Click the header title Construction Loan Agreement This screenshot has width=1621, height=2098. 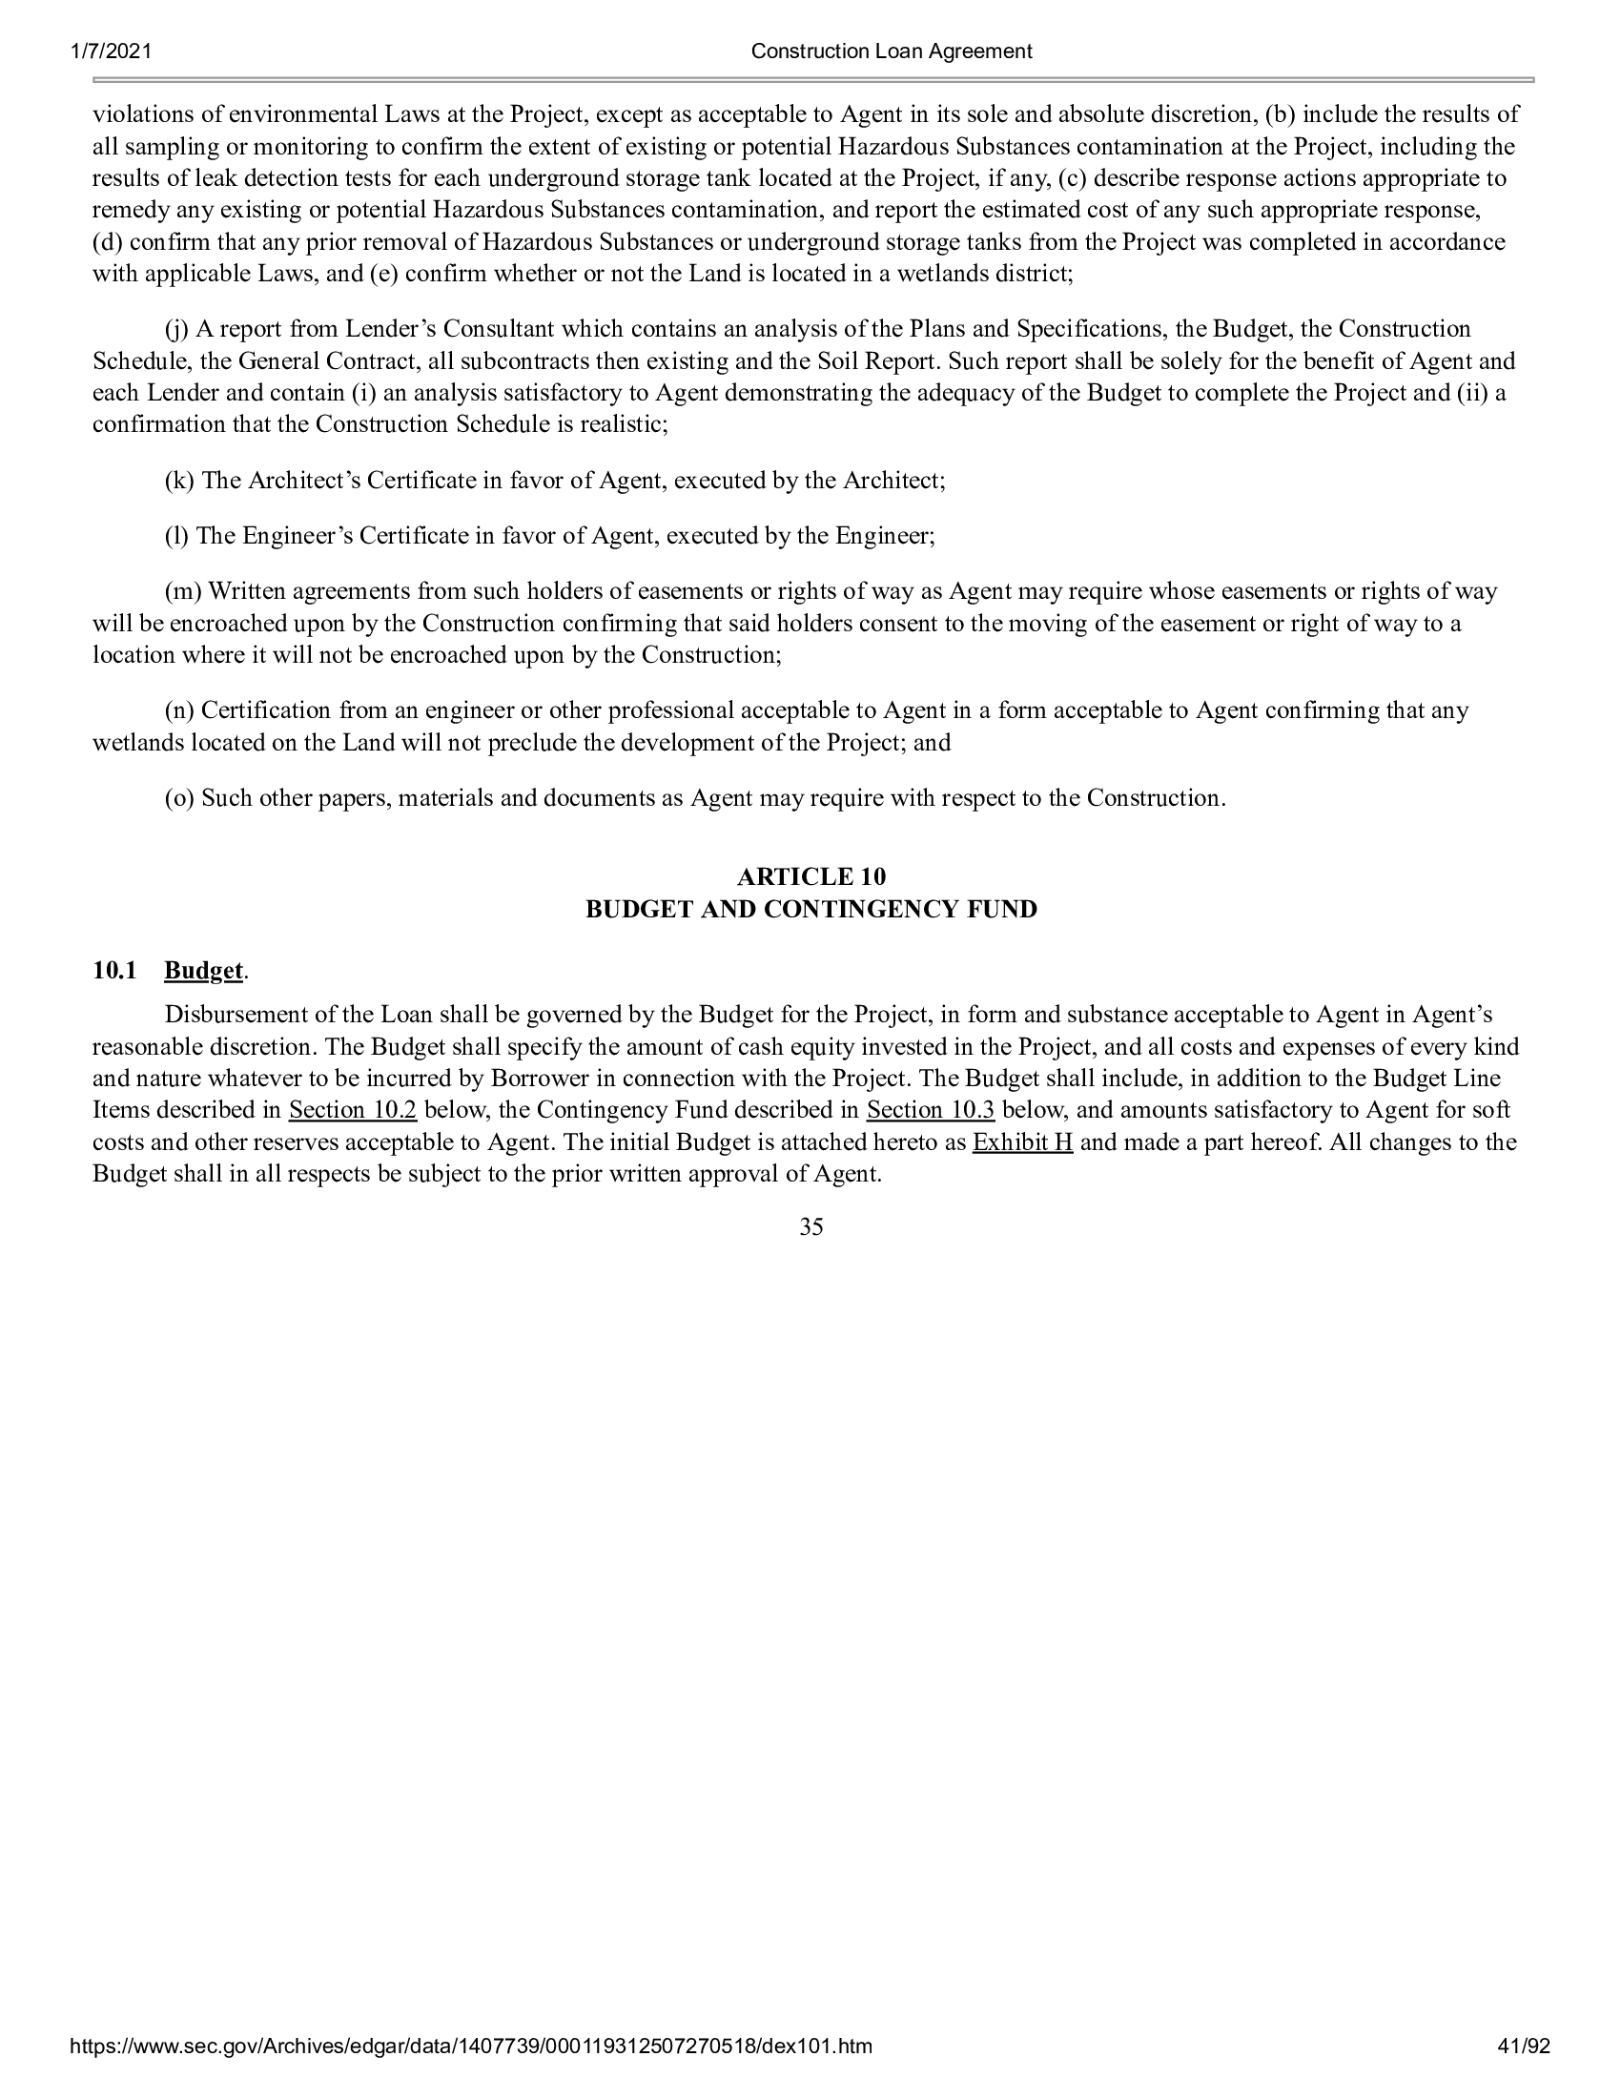(x=892, y=51)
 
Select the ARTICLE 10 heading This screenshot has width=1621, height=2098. (x=811, y=877)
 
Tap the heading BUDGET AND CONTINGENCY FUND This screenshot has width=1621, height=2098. (x=811, y=910)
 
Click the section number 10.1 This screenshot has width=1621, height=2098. (x=113, y=971)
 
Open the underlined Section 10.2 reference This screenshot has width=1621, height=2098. (x=353, y=1110)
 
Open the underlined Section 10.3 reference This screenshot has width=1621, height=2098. (x=931, y=1110)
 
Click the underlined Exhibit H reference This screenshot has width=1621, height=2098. (x=1023, y=1143)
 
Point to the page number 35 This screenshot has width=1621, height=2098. (x=811, y=1226)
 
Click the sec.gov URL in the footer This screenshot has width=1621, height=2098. (x=471, y=2074)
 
